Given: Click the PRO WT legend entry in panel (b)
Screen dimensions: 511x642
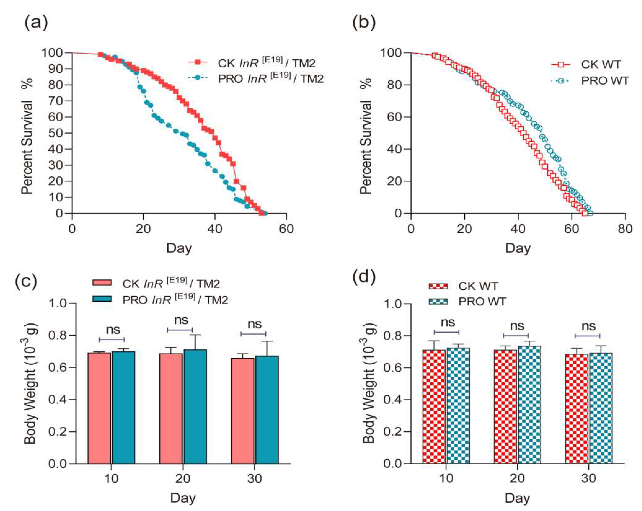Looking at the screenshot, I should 605,81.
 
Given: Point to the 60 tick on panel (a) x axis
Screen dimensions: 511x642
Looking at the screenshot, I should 286,229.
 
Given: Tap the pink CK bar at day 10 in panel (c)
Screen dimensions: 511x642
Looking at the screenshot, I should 99,408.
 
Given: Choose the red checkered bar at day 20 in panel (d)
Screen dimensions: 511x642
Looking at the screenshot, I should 505,406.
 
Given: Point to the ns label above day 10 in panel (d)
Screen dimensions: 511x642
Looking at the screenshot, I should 448,322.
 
